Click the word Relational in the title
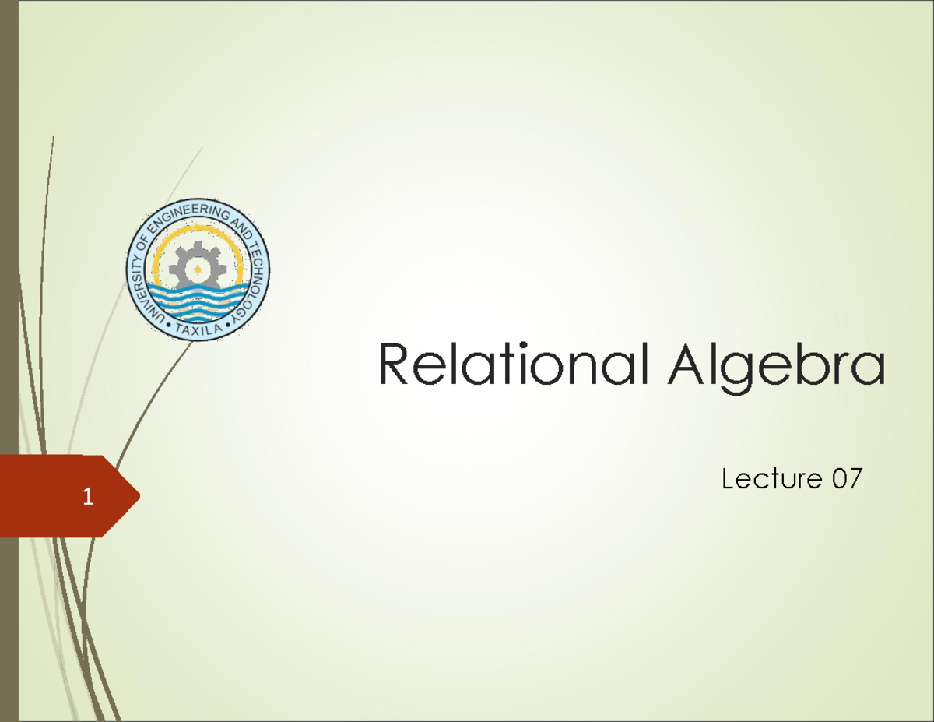tap(512, 367)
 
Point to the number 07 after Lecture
tap(845, 480)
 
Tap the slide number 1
tap(90, 496)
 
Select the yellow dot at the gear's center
tap(198, 270)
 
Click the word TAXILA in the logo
tap(199, 328)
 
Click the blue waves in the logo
tap(198, 300)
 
